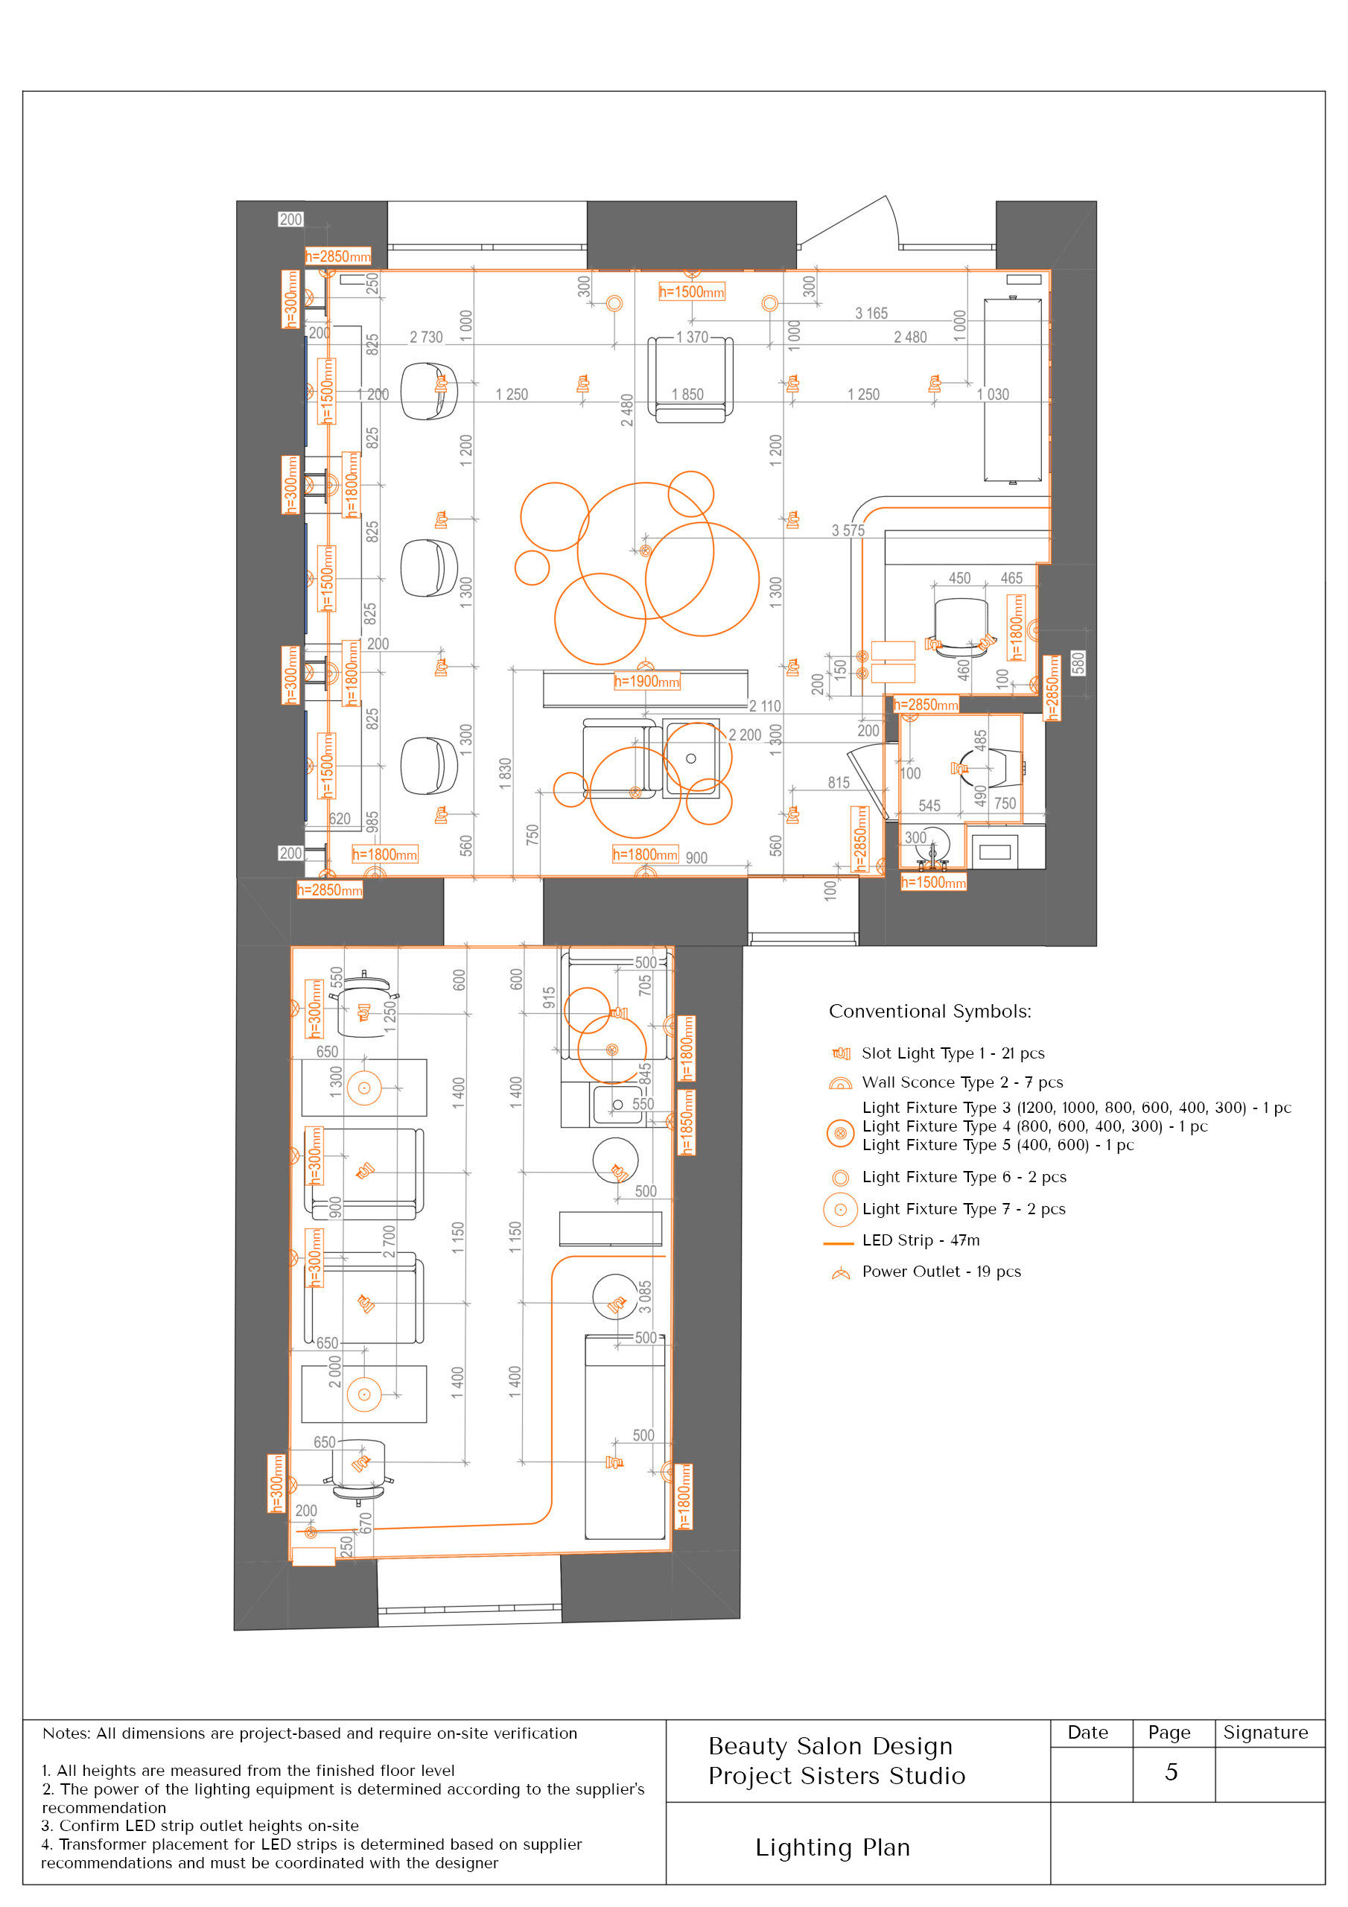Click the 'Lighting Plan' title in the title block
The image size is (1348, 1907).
[x=832, y=1847]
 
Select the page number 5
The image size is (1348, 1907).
[x=1171, y=1771]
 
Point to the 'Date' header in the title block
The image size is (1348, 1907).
[x=1087, y=1732]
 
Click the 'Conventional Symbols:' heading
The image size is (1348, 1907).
[x=929, y=1011]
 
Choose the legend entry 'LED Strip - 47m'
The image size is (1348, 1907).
[x=921, y=1240]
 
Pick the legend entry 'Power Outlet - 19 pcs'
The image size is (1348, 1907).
[x=941, y=1272]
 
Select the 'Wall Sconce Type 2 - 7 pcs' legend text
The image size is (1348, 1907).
[x=961, y=1082]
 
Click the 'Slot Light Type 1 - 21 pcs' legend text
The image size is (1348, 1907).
[x=953, y=1053]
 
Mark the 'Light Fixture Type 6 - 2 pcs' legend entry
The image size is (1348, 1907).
[x=964, y=1177]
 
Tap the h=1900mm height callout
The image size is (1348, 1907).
[x=646, y=682]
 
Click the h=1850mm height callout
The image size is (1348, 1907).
[x=687, y=1121]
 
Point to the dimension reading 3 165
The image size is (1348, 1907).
[x=871, y=313]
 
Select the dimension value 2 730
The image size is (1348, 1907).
[x=426, y=337]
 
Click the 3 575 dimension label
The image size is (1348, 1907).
[x=848, y=530]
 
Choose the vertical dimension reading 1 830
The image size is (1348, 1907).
[x=505, y=773]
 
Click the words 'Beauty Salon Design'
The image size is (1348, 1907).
[x=830, y=1746]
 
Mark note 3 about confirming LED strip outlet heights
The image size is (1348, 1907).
[x=200, y=1826]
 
